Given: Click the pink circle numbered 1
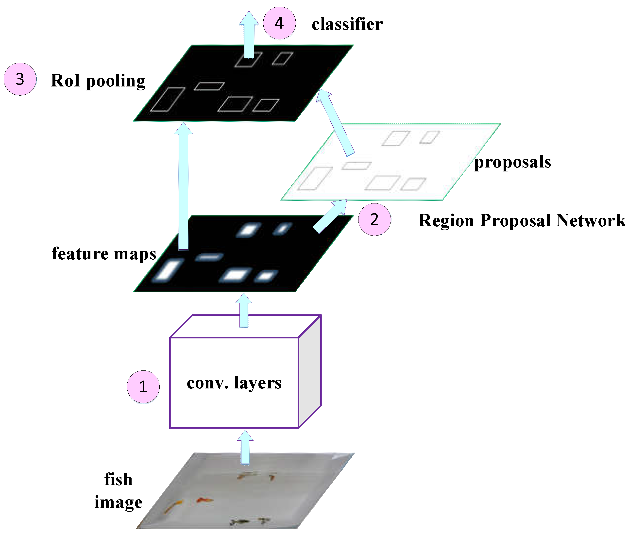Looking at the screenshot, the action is point(143,386).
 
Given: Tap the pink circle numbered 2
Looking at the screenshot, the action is point(374,219).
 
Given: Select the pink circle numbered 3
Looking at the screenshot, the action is point(20,79).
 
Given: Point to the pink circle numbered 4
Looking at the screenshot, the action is point(279,23).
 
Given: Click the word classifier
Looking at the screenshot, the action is point(347,24).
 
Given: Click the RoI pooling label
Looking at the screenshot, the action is point(98,81).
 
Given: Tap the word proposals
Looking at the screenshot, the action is point(512,162).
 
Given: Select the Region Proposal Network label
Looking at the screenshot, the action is point(522,220).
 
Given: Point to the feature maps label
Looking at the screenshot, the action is point(104,254).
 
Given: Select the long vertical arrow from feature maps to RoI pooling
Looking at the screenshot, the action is point(183,188).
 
